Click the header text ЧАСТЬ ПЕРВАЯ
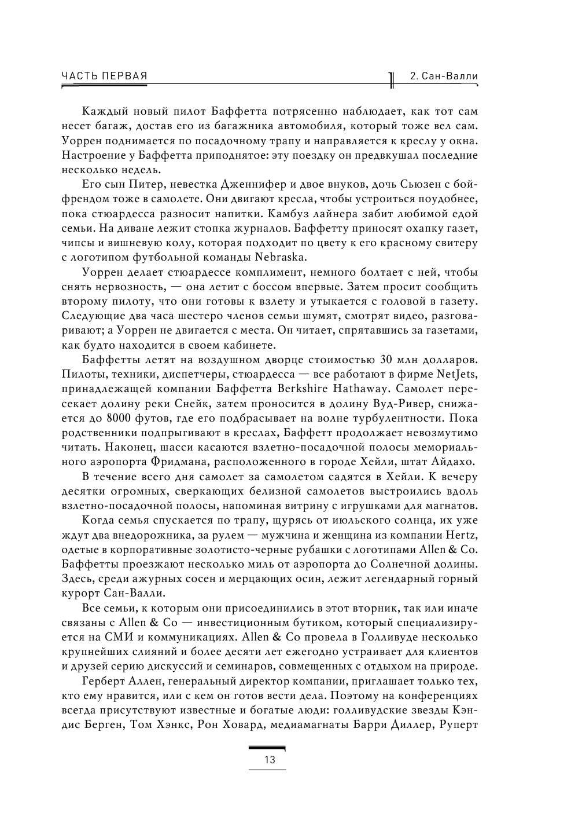point(104,76)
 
